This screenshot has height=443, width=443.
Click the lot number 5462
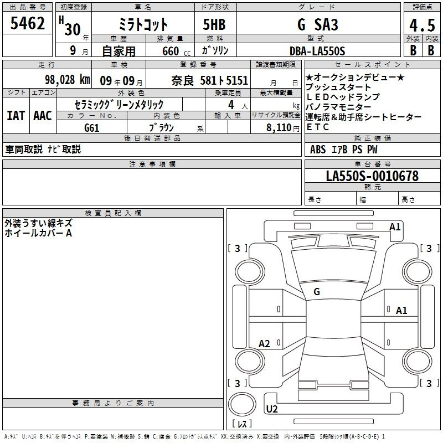[x=27, y=23]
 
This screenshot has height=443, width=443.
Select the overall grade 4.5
[x=422, y=25]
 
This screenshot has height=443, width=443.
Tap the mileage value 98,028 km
[x=67, y=80]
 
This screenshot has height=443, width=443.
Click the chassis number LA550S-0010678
[x=372, y=176]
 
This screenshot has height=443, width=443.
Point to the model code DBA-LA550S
[x=317, y=51]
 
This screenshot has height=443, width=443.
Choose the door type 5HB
[x=214, y=24]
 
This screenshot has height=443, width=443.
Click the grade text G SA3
[x=317, y=24]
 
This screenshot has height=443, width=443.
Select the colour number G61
[x=91, y=128]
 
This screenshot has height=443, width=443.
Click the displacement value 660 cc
[x=176, y=51]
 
